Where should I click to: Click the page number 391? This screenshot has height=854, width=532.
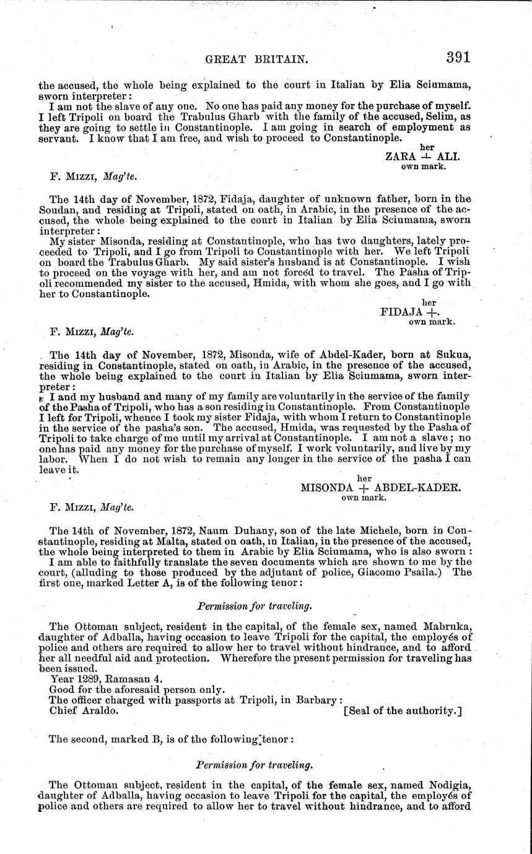pos(458,58)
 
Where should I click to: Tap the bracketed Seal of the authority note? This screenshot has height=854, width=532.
pos(403,710)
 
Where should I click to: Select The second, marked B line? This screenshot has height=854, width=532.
pos(167,738)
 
